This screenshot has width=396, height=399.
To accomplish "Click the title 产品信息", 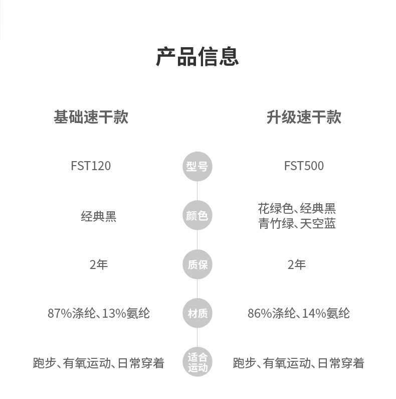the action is coord(197,57).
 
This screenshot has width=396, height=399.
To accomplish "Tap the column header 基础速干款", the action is coord(91,117).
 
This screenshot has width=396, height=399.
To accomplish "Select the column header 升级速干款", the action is coord(304,117).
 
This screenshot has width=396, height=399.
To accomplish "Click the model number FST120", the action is coord(91,166).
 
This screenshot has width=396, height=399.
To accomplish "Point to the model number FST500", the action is coord(304,166).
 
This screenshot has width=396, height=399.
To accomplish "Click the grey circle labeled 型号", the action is coord(197,167).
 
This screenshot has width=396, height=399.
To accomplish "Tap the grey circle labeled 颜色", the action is coord(197,215).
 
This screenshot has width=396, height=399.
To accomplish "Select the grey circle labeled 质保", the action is coord(197,264).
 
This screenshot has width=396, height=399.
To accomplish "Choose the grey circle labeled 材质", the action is coord(197,313).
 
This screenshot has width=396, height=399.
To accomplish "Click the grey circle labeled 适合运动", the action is coord(197,362).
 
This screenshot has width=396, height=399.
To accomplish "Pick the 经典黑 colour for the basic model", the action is coord(99,216).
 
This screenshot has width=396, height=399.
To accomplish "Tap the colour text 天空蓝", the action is coord(318,224).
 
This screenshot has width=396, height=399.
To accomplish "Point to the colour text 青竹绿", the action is coord(276,224).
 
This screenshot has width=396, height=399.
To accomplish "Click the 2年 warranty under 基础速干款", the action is coord(99,264).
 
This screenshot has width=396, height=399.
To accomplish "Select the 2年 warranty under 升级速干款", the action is coord(297,264).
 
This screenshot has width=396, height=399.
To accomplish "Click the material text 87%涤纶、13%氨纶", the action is coord(99,313).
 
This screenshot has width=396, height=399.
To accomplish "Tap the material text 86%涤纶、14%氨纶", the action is coord(299,313).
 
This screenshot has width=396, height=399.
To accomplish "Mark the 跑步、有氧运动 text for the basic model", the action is coord(72,363).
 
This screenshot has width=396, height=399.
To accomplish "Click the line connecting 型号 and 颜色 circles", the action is coord(197,191).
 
